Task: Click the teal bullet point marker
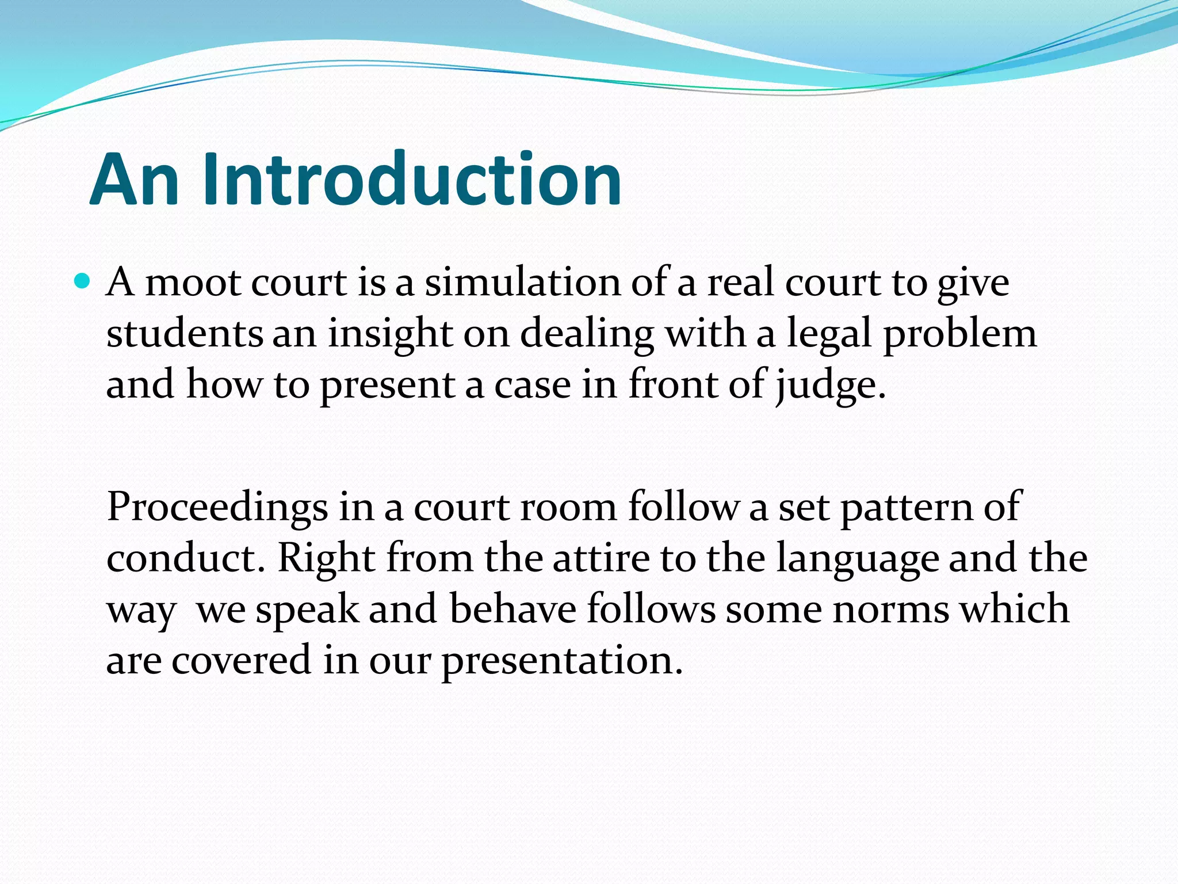[83, 281]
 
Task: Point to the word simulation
[522, 283]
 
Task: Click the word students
[184, 334]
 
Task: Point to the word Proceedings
[217, 508]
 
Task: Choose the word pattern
[905, 508]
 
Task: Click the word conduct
[185, 558]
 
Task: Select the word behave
[512, 609]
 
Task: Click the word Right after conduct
[326, 558]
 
